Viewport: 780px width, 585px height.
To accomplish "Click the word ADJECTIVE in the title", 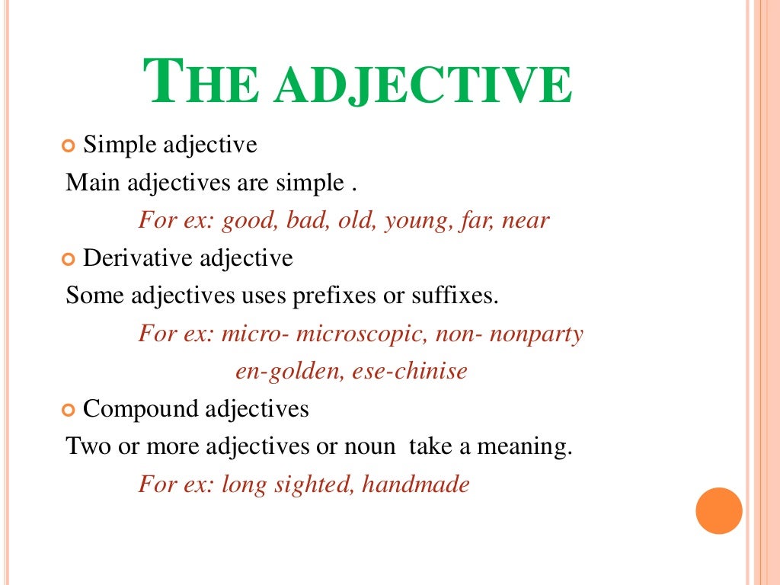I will pos(424,85).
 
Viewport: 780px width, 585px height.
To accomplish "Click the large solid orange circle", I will pos(719,511).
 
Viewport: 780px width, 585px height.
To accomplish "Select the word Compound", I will pos(138,409).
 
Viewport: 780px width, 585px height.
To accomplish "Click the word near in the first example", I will pos(526,221).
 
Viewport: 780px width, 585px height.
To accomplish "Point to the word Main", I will pos(94,183).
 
